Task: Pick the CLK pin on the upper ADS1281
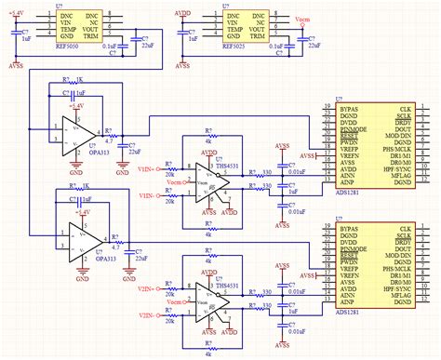tap(404, 109)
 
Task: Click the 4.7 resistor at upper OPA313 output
tap(110, 139)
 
